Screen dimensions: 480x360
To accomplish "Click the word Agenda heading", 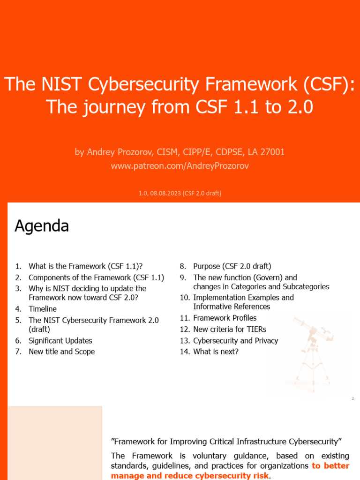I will (x=42, y=226).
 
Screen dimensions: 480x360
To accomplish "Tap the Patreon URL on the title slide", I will (x=180, y=166).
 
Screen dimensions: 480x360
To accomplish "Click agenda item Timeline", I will (x=43, y=309).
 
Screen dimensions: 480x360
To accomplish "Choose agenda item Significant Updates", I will (x=60, y=341).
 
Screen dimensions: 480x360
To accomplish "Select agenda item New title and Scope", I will (x=61, y=352).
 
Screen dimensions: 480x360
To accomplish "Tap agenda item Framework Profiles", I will (x=225, y=318).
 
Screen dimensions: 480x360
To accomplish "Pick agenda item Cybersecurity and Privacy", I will (x=235, y=341).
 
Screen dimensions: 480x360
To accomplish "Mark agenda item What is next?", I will (x=216, y=352).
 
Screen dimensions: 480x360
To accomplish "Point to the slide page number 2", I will (x=352, y=398).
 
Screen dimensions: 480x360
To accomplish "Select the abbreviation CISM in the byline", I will (x=162, y=152).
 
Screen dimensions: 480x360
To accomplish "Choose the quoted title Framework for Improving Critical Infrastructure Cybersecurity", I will (x=226, y=442).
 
